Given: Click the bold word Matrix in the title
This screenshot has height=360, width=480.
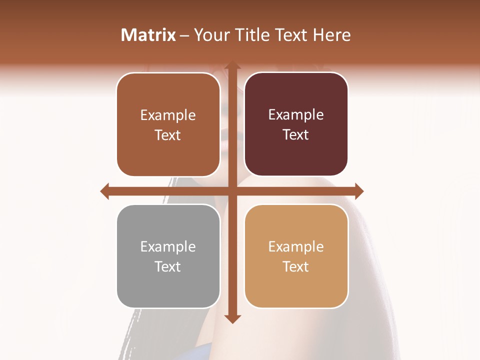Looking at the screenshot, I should pos(148,35).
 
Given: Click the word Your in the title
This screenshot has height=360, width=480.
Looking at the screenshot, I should pos(210,35).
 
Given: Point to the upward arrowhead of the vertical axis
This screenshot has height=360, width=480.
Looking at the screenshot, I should pos(232,66).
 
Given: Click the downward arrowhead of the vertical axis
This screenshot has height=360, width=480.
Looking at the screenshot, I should pos(232,318).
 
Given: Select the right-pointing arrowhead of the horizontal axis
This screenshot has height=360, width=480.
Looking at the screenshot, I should pos(358,191).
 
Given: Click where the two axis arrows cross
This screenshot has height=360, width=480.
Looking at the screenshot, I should pos(232,191).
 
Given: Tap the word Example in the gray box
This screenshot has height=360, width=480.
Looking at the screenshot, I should pos(168,246).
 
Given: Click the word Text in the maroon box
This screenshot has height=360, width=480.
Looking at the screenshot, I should pos(296,134).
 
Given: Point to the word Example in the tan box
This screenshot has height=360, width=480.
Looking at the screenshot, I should pos(296,246).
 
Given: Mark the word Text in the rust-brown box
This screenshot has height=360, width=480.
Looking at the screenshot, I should pos(168,135).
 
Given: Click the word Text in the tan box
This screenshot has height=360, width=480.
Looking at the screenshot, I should pos(296,266).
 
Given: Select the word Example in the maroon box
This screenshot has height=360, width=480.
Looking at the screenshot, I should pos(296,114).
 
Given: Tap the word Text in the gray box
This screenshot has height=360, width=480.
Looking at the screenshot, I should pos(168,266).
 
